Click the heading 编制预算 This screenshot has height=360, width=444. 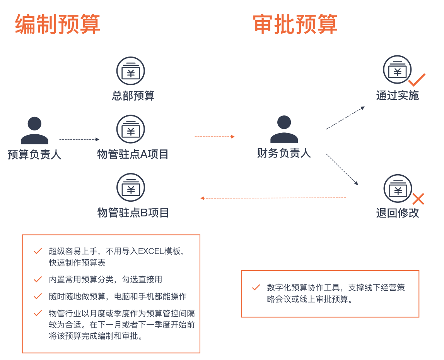click(58, 24)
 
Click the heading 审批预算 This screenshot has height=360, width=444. click(295, 24)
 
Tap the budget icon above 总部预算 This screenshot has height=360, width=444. click(131, 71)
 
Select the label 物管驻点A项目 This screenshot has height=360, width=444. click(133, 154)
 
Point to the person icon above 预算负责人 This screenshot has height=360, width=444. click(34, 130)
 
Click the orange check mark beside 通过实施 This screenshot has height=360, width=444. click(417, 80)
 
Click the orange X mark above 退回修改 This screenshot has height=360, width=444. click(418, 199)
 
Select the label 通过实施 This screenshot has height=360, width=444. click(398, 96)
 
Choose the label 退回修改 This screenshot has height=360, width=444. click(398, 213)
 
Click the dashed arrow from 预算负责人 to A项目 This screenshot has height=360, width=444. click(79, 139)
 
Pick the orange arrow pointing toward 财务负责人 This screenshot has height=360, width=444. click(215, 137)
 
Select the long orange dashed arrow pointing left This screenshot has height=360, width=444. click(273, 198)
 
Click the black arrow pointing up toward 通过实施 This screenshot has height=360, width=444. click(345, 118)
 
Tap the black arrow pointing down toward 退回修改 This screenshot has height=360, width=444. click(342, 169)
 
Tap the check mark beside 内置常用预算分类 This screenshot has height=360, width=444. click(38, 279)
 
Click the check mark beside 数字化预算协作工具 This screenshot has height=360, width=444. click(256, 288)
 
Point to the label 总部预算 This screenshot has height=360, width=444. click(133, 96)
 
